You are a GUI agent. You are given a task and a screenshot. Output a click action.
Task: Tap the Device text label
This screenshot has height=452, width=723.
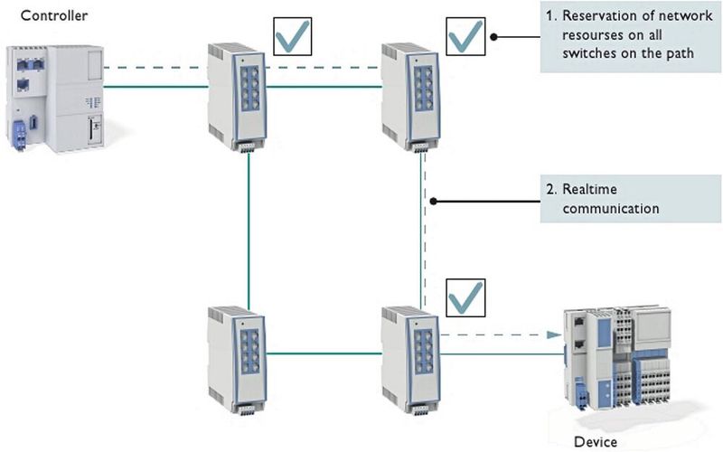pos(596,441)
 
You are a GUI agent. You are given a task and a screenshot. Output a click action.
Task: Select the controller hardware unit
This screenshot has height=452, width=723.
pos(55,98)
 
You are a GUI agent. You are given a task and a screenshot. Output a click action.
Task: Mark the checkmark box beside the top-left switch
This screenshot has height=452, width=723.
pos(292,37)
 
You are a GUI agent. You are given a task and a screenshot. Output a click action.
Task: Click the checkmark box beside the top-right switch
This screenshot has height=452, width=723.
pos(466,37)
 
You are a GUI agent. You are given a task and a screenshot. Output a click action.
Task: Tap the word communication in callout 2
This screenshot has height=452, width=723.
pos(610,208)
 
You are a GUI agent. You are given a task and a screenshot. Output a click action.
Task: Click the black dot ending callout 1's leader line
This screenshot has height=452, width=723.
pos(495,37)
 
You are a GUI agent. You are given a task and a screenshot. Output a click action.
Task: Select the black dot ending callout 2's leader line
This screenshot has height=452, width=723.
pos(434,201)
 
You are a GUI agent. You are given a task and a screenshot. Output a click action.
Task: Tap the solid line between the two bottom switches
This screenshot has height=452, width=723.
pos(323,353)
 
